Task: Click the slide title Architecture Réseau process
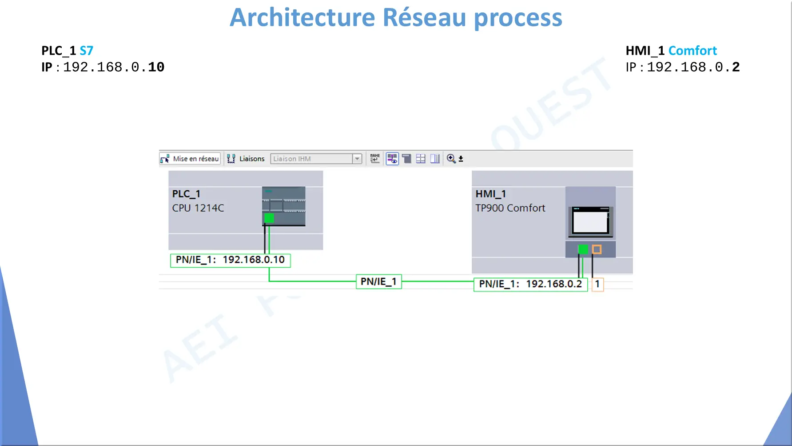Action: pos(396,18)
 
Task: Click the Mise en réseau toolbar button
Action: pos(190,159)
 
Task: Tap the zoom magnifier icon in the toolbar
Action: pos(451,159)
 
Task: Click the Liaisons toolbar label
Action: pos(252,159)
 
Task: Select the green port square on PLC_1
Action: pos(269,218)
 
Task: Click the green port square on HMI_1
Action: pos(583,249)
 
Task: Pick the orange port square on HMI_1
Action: pos(597,249)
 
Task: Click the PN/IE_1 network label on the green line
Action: pos(379,281)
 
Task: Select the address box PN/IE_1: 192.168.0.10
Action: pos(231,260)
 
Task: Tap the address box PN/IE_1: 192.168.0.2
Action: pos(531,284)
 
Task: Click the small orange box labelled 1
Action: pos(597,284)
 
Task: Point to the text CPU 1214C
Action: pos(198,208)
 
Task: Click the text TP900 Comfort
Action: pos(510,208)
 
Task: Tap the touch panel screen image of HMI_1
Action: pos(590,221)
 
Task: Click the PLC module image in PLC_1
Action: pos(284,206)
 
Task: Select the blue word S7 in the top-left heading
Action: pos(87,51)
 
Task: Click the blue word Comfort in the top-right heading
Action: pos(693,51)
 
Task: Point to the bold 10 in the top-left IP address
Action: pos(156,67)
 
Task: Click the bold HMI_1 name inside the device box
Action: pos(491,194)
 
